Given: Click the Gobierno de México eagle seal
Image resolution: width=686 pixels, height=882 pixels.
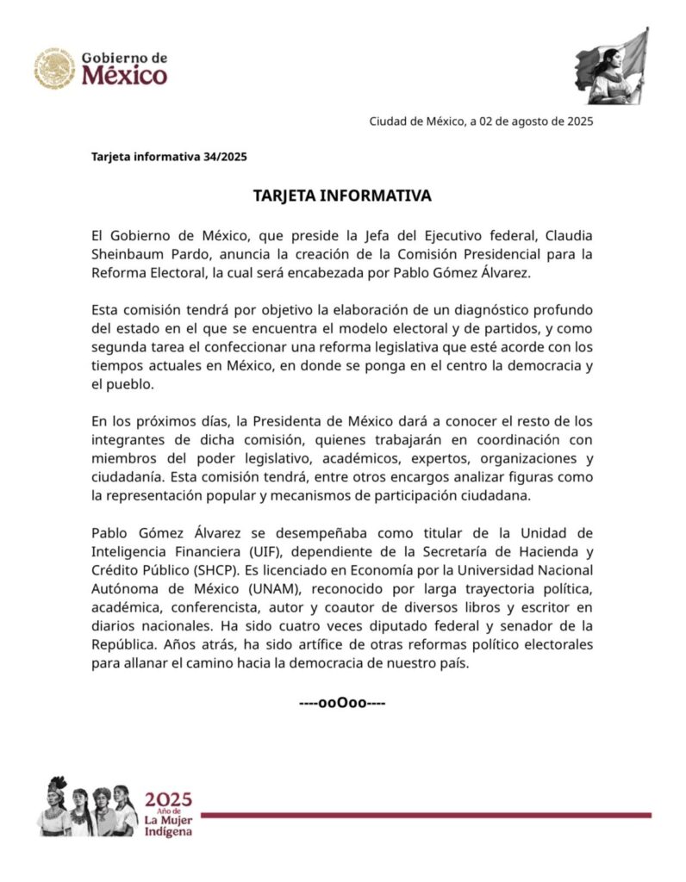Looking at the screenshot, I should coord(55,68).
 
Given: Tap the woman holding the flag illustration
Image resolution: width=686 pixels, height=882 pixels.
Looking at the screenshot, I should coord(612,66).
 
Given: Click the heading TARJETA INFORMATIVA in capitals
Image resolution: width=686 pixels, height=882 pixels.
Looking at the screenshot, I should coord(342,196).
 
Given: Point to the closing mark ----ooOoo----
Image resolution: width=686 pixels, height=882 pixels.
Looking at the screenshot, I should coord(342,702).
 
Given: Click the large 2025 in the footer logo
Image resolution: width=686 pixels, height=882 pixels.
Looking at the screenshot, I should coord(169,798).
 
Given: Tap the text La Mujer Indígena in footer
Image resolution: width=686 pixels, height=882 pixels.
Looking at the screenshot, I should coord(169,825).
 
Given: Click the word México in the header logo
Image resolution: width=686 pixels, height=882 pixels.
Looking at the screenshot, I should coord(125,76).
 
